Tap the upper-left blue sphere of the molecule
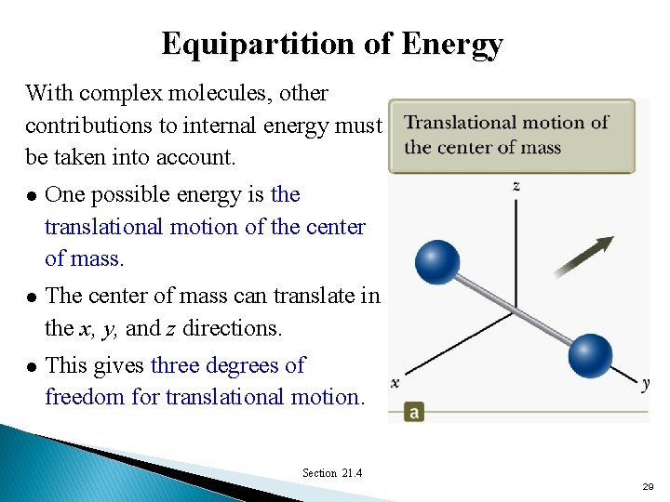(x=436, y=261)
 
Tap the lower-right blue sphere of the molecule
(x=590, y=355)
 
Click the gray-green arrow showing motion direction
(x=583, y=257)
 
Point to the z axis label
(x=516, y=186)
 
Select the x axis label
(x=395, y=382)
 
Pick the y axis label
(x=645, y=383)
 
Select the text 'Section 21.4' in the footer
(x=332, y=473)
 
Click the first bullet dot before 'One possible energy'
(x=32, y=195)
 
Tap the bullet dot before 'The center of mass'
(x=32, y=297)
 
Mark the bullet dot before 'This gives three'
(x=32, y=366)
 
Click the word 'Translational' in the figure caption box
(x=460, y=123)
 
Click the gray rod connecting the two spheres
(x=513, y=308)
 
